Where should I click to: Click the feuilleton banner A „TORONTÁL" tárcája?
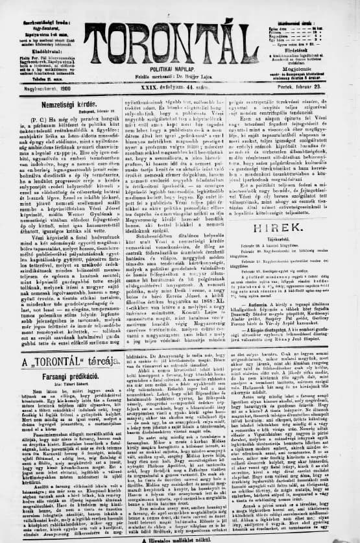(x=62, y=362)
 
